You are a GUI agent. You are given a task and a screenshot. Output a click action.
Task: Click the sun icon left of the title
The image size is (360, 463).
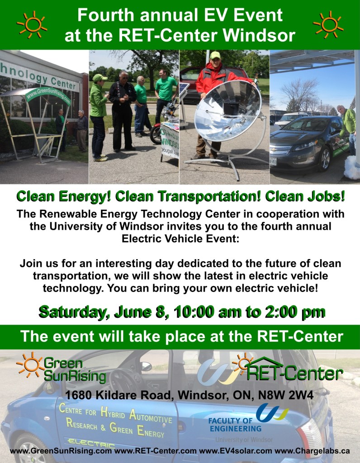click(32, 25)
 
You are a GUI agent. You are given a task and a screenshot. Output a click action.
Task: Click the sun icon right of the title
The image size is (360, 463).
click(328, 25)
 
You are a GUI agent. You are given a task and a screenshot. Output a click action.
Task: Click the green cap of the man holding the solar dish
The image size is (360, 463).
click(215, 55)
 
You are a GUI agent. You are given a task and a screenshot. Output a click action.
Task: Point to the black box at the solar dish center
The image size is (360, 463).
click(231, 109)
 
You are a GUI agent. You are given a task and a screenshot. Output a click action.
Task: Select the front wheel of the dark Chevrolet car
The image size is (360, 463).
click(325, 159)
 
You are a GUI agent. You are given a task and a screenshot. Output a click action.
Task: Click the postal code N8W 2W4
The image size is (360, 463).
click(286, 395)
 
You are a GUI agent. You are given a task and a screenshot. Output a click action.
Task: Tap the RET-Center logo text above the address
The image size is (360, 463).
click(294, 373)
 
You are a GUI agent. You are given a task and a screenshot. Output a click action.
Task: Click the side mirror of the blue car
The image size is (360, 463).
click(146, 366)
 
